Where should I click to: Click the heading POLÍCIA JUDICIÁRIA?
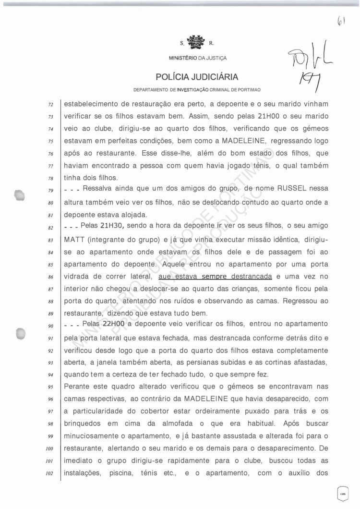(197, 77)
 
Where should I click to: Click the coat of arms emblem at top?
(195, 43)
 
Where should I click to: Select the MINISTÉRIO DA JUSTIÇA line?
(198, 58)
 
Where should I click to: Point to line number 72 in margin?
(50, 104)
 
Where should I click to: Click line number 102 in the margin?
(49, 473)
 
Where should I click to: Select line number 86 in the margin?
(50, 277)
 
